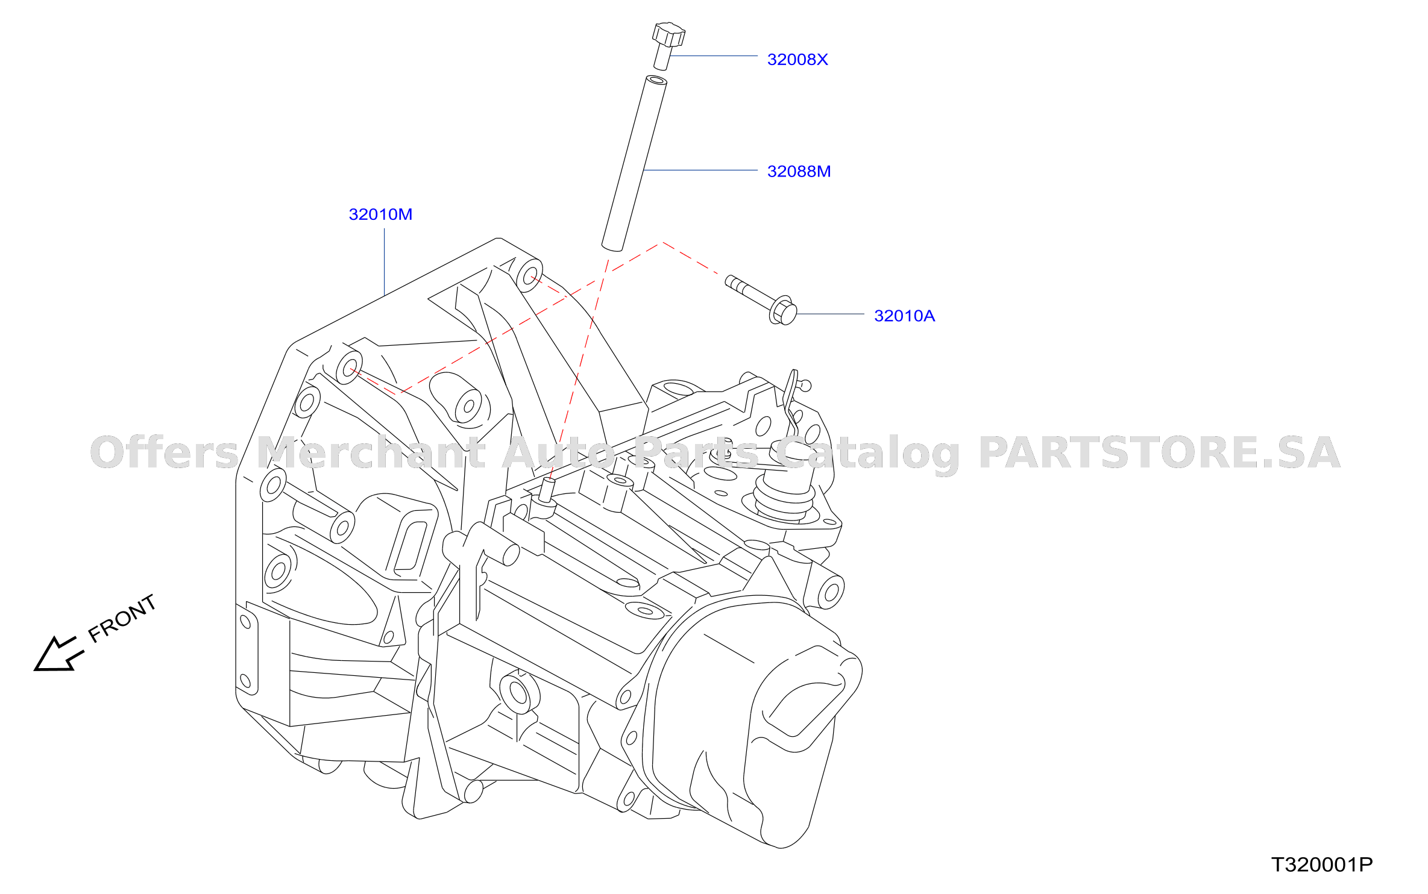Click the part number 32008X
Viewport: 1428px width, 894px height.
(797, 60)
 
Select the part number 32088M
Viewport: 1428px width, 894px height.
(799, 172)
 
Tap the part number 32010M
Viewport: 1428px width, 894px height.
(380, 214)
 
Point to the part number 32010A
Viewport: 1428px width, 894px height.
(904, 316)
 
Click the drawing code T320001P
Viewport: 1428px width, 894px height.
(1322, 864)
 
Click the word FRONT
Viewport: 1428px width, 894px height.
(122, 618)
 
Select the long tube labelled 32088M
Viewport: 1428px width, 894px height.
(634, 163)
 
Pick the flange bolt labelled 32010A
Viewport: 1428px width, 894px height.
(761, 299)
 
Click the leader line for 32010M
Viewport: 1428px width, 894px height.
(385, 262)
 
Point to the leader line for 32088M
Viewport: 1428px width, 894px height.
(700, 170)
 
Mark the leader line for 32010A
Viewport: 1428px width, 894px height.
(830, 314)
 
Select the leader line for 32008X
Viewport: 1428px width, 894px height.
(714, 56)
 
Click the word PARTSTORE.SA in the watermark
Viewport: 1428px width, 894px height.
(1159, 452)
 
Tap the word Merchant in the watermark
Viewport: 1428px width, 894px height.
(371, 452)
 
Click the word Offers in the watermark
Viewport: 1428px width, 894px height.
(165, 452)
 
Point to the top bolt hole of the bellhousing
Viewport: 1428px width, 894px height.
(529, 277)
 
